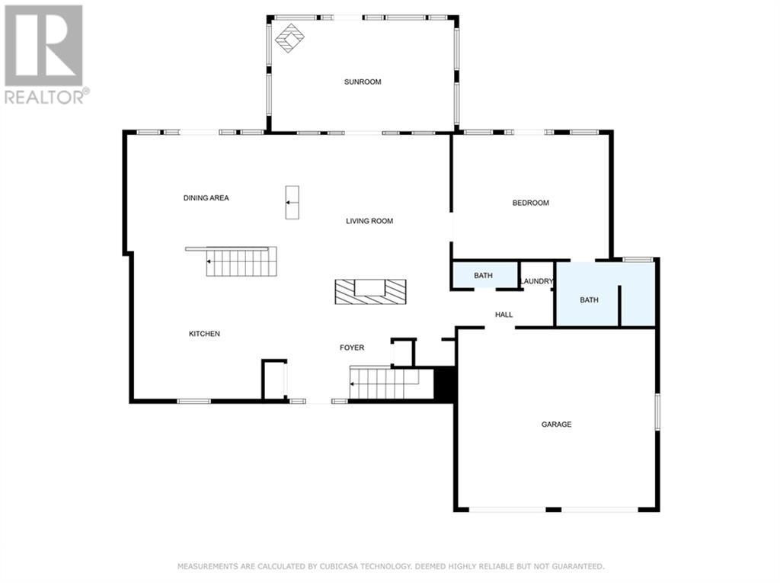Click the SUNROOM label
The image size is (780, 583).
363,82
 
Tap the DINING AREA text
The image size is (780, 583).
206,197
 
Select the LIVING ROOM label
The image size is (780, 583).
369,220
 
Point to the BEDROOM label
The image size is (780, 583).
531,203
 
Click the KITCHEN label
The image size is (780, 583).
204,334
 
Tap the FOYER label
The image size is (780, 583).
352,348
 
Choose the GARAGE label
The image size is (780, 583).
556,424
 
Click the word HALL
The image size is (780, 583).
504,315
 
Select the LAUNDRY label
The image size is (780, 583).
537,281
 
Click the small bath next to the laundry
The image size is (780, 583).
484,275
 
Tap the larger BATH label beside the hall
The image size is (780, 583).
589,300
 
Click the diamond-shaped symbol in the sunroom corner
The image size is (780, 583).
289,38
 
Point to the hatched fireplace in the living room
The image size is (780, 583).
370,292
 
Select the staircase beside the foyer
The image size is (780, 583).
384,383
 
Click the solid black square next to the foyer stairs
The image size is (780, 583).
444,383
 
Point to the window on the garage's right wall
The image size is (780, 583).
657,412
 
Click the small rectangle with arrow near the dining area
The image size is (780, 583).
292,202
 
